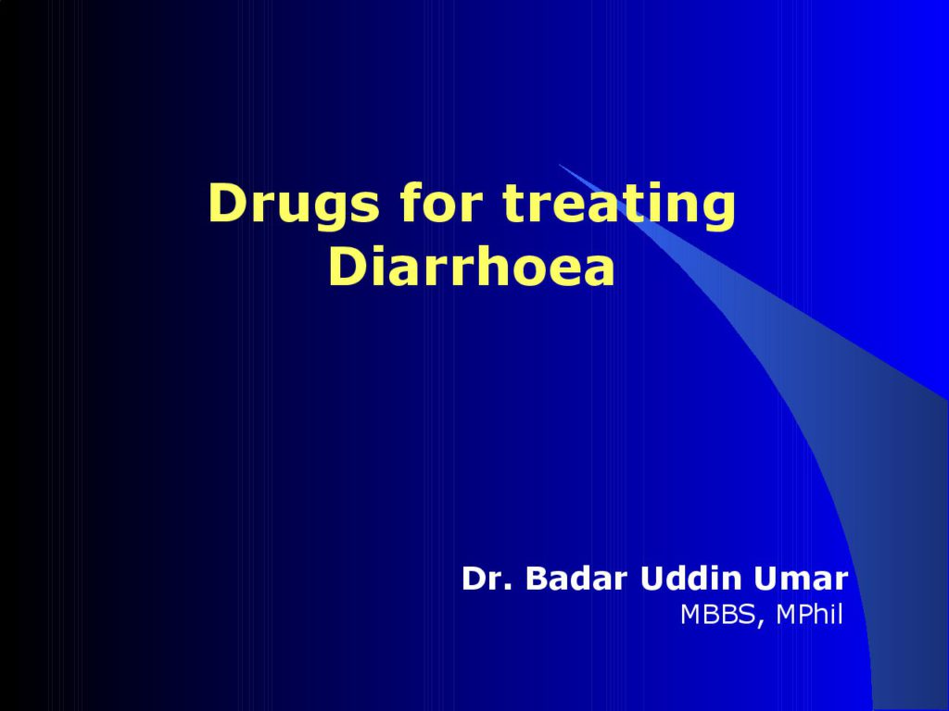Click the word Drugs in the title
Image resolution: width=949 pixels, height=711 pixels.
pos(294,206)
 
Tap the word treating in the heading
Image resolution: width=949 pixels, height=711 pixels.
pos(619,206)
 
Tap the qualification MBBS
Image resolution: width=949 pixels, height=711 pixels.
pos(718,615)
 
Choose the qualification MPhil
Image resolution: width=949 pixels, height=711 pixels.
pos(809,614)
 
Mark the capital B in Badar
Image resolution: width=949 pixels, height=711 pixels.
pos(538,578)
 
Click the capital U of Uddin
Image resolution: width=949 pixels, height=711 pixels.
pos(652,579)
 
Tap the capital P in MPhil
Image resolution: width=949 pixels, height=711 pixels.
pos(803,615)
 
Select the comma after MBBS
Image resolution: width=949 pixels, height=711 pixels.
pos(760,623)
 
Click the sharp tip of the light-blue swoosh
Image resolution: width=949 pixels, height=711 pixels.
pos(558,164)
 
